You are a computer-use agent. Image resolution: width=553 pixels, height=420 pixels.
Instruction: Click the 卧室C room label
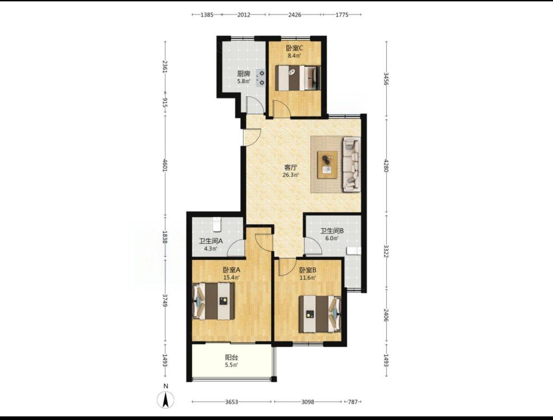(x=294, y=47)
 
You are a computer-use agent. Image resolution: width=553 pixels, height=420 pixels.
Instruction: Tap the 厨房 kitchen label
(x=244, y=74)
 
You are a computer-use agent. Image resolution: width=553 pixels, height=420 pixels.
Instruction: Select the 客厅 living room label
(x=291, y=167)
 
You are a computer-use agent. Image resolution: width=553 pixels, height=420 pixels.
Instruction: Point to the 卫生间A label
(x=211, y=241)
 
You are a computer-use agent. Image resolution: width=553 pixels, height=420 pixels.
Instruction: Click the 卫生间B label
(x=332, y=231)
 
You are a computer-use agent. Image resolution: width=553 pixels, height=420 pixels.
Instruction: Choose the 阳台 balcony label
(x=231, y=358)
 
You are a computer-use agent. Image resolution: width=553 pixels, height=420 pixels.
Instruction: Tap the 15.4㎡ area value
(x=231, y=278)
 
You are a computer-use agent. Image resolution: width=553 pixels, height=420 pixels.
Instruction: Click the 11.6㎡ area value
(x=308, y=278)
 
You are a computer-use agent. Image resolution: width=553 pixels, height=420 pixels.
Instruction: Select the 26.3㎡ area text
(x=291, y=175)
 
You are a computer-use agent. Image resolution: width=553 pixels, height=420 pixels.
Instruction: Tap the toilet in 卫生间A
(x=217, y=224)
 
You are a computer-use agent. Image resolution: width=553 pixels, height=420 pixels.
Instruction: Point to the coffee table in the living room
(x=327, y=165)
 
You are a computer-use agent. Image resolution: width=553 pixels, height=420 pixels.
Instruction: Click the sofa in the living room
(x=351, y=165)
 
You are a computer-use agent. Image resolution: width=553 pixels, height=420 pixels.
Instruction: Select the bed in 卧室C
(x=298, y=78)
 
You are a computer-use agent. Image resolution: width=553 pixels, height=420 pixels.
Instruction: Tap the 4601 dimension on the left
(x=165, y=165)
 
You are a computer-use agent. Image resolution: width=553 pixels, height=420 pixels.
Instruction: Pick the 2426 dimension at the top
(x=295, y=15)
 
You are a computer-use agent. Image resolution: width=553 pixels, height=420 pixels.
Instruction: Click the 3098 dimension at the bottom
(x=308, y=402)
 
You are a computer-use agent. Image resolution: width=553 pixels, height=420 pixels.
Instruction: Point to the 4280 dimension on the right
(x=386, y=165)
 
